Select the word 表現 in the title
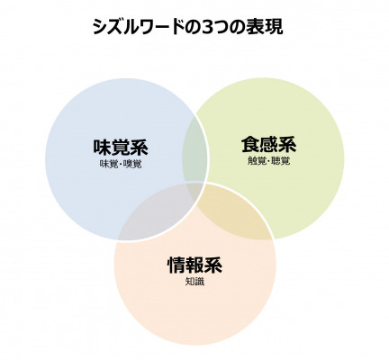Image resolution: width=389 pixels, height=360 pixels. pos(264,27)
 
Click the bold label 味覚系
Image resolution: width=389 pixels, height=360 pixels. pos(121,147)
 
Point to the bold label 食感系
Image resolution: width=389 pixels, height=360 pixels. pos(268,145)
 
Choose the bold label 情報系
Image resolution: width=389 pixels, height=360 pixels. pos(194,265)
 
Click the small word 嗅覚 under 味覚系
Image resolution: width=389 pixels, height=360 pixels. pos(132,164)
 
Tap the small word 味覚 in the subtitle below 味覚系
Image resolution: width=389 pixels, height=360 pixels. pos(109,164)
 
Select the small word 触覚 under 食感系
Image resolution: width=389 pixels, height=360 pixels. pos(257,161)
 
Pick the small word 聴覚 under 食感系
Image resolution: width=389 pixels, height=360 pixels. pos(281,161)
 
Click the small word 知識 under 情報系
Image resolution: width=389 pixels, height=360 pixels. pos(194,282)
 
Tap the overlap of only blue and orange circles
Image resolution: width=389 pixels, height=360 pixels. pos(156,214)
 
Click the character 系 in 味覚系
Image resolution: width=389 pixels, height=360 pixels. pos(139,147)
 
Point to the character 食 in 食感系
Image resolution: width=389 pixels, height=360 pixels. pos(250,145)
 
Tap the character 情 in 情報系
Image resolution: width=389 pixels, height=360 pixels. pos(176,265)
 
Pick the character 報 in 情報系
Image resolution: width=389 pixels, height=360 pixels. pos(194,265)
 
